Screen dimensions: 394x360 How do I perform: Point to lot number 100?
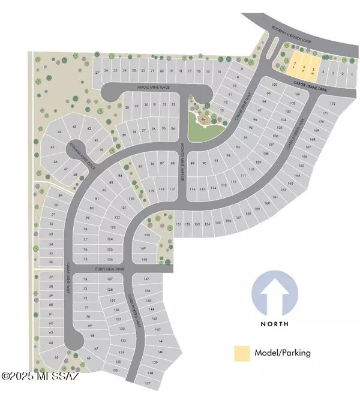pyautogui.click(x=274, y=86)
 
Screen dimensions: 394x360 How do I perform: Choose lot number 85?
pyautogui.click(x=141, y=166)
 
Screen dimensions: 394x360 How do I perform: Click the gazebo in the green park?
pyautogui.click(x=204, y=119)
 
